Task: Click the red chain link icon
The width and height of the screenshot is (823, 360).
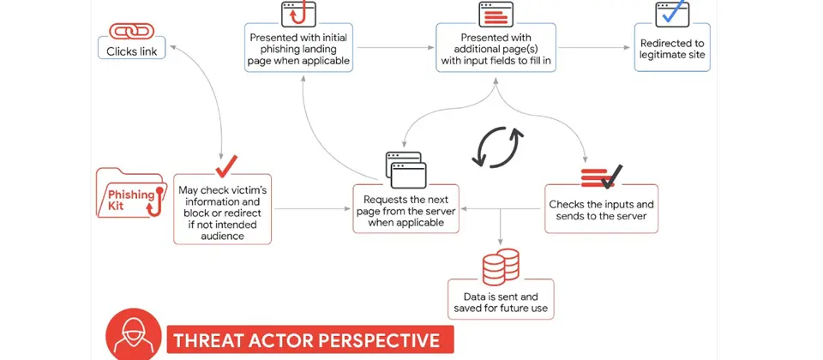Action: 132,31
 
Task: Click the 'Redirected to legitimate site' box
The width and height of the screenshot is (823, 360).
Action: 672,48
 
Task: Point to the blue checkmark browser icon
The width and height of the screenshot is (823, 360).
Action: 672,14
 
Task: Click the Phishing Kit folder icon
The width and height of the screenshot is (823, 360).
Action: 129,193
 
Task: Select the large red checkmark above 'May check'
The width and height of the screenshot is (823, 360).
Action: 226,166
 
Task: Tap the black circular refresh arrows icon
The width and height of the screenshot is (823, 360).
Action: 497,147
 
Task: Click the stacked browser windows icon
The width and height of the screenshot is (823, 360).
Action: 405,170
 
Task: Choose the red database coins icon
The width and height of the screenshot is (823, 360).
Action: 500,267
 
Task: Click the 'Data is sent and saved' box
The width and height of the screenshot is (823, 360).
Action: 501,298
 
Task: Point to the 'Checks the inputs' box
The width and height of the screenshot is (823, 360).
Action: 602,208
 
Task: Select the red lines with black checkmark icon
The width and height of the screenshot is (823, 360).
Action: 602,177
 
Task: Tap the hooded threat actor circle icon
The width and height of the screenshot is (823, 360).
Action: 134,334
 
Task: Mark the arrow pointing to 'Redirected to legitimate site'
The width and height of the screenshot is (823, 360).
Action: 594,48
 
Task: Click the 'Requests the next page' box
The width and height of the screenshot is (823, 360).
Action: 405,208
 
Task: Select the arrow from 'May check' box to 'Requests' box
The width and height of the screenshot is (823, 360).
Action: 312,209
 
